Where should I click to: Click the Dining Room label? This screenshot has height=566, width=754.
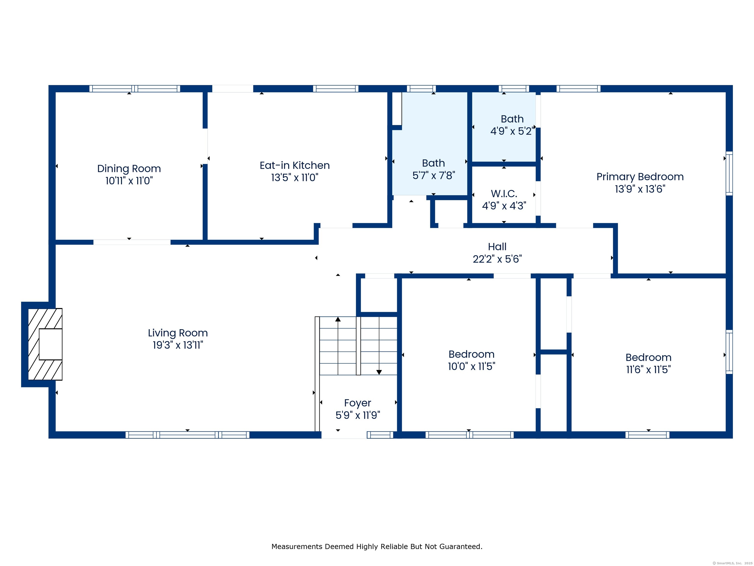[x=129, y=169]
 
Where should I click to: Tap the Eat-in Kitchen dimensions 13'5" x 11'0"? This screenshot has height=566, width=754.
[x=295, y=177]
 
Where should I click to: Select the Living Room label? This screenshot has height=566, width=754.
[x=178, y=333]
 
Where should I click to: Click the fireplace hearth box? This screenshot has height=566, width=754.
[x=51, y=344]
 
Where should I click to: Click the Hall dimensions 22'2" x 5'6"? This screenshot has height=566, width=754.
[x=497, y=259]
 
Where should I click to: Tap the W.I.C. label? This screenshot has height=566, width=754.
[x=504, y=194]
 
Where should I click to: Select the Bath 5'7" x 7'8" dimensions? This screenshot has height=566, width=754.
[x=434, y=175]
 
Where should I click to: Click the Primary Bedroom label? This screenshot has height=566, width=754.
[x=640, y=177]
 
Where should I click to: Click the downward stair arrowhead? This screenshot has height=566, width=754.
[x=379, y=372]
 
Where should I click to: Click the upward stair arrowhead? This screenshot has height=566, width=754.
[x=338, y=319]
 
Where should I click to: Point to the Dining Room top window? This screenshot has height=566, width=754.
[x=135, y=89]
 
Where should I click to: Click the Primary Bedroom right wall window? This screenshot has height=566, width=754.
[x=729, y=173]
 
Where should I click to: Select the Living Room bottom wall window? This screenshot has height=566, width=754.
[x=188, y=435]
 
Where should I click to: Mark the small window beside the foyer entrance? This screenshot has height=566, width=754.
[x=380, y=435]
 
